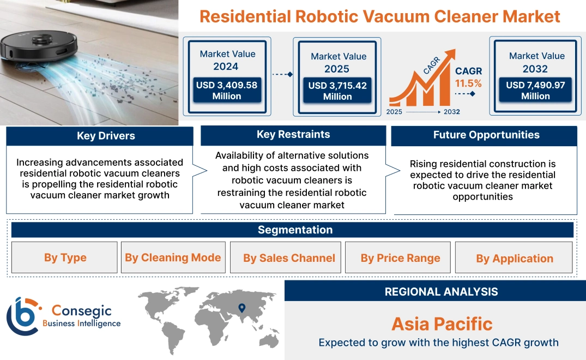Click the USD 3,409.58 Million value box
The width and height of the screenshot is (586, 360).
226,91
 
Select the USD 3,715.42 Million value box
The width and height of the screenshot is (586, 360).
337,91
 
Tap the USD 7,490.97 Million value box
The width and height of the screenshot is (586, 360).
535,91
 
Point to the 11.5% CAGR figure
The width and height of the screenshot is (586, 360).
468,83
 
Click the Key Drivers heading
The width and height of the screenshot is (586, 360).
106,136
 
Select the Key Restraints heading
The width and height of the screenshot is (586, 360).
293,135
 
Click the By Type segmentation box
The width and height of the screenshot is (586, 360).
65,258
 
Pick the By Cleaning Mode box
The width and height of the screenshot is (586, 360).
173,258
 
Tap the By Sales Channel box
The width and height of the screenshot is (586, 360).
289,258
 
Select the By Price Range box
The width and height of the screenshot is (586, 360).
400,258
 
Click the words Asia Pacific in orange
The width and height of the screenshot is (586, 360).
442,324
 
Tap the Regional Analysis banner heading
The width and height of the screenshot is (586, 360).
441,292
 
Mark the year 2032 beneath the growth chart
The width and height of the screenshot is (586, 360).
451,112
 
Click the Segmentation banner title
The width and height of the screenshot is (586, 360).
295,230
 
